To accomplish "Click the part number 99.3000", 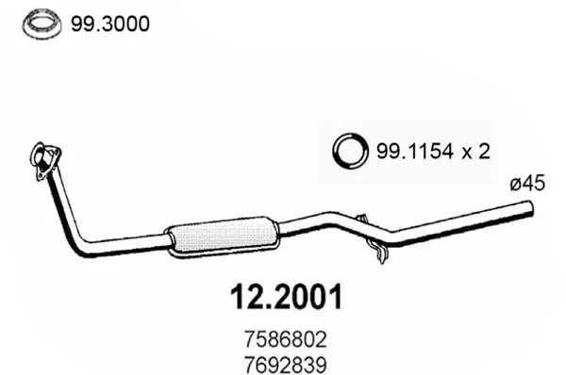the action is pos(109,24).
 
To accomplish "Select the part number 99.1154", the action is pos(415,151).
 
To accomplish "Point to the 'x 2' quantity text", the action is pos(476,152).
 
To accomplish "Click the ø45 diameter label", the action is pos(527,184).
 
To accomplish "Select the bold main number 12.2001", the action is pos(286,298).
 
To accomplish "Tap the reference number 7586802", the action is pos(286,339).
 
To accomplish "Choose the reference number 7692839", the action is pos(286,365).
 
